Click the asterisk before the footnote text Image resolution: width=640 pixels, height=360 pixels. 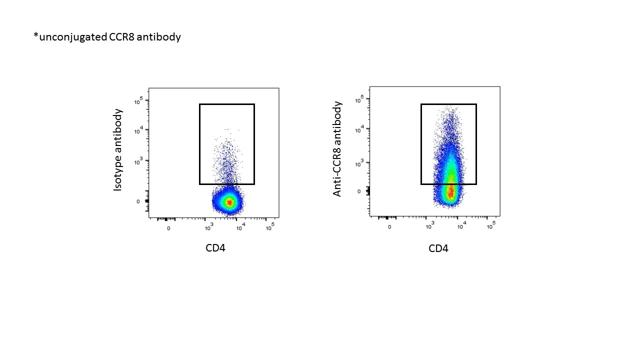[x=35, y=36]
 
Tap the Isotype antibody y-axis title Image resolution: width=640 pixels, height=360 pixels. [x=118, y=149]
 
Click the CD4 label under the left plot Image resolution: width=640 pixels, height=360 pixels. [x=215, y=247]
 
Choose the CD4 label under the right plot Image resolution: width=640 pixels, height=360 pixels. [x=438, y=248]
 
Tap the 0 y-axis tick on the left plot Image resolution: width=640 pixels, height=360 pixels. [x=138, y=201]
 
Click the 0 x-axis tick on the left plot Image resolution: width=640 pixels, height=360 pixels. [x=168, y=228]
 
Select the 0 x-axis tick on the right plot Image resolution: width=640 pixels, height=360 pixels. [x=389, y=227]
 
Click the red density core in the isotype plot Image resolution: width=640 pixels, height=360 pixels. [x=229, y=202]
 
